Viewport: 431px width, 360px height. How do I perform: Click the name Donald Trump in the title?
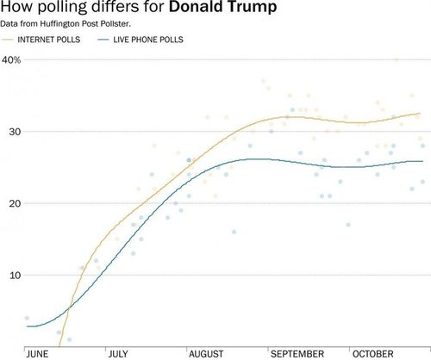(x=222, y=10)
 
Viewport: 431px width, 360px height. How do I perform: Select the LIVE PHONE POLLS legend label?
(x=147, y=40)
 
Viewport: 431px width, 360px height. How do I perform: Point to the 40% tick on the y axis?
(x=11, y=60)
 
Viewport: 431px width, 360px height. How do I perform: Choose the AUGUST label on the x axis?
(x=205, y=353)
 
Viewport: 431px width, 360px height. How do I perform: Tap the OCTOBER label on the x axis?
(x=372, y=353)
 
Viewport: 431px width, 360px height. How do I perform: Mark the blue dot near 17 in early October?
(x=348, y=225)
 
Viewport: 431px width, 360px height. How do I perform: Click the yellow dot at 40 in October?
(x=396, y=60)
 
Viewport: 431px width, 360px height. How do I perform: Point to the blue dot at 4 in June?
(x=27, y=318)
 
